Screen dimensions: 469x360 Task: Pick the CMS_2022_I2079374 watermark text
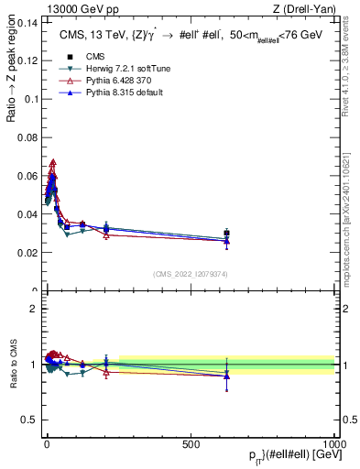click(191, 274)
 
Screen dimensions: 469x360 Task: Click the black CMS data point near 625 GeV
click(226, 233)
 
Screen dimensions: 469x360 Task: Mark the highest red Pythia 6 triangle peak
click(53, 162)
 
